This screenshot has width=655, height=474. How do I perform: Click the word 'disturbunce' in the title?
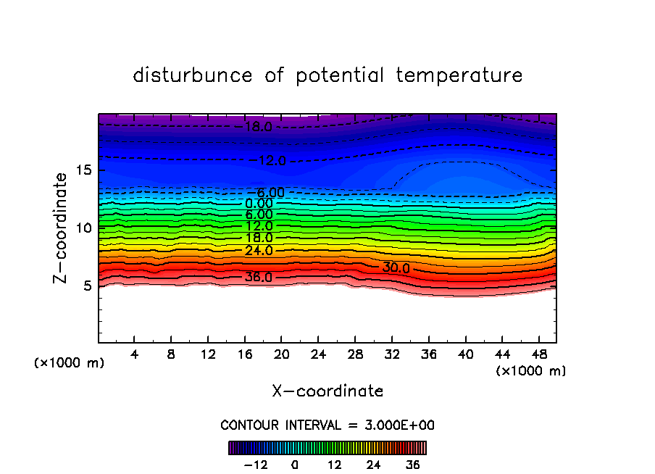193,75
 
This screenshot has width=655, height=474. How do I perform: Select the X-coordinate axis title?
327,391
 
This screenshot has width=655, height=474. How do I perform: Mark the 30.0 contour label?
396,268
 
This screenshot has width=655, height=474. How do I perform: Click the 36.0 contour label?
259,278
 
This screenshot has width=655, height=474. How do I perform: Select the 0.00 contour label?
259,204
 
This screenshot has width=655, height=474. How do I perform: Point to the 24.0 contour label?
259,251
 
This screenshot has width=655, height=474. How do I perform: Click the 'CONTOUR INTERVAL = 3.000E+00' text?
327,425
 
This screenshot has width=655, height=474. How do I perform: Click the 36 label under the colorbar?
412,465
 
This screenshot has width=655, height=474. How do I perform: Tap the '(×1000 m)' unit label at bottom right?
531,371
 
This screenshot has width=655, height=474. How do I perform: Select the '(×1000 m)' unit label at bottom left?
70,363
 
